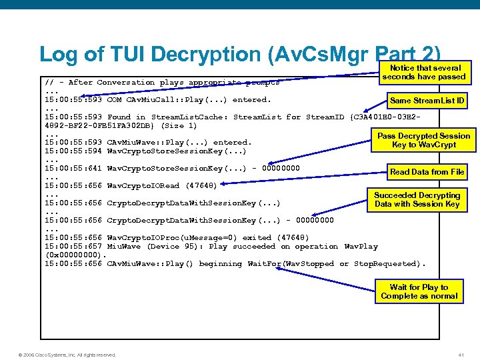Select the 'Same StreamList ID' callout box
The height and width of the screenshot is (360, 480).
click(427, 101)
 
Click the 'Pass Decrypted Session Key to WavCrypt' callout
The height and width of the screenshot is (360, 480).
click(423, 140)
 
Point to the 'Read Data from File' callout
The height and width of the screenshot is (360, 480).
click(427, 172)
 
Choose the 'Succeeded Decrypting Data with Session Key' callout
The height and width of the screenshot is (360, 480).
click(417, 200)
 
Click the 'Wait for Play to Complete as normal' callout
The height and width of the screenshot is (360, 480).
click(419, 292)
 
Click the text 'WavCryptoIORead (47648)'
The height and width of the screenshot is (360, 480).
click(161, 185)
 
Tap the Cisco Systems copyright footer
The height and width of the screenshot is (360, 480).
click(67, 355)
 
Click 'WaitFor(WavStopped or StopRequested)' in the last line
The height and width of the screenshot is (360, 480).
click(336, 264)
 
